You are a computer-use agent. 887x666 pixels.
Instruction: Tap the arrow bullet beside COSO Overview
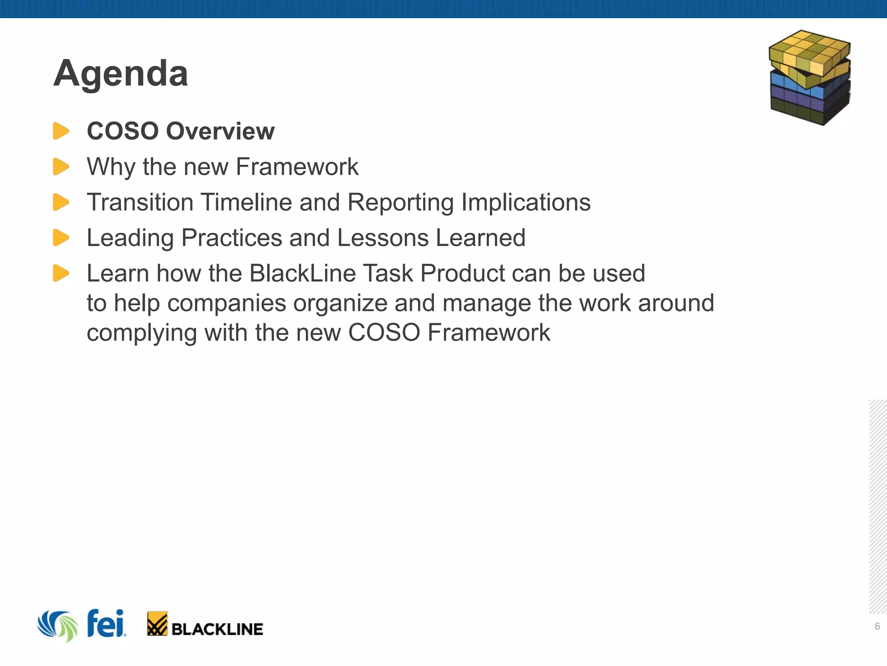click(x=61, y=131)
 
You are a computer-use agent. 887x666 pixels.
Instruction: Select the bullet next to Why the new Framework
click(x=61, y=166)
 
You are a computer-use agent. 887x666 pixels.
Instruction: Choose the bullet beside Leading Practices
click(x=61, y=238)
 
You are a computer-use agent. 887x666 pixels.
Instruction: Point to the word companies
click(x=227, y=303)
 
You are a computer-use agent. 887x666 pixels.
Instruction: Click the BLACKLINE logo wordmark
click(x=217, y=629)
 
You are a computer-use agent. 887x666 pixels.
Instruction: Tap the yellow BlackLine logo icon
click(x=157, y=624)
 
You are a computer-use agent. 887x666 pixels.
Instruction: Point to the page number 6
click(x=877, y=626)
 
